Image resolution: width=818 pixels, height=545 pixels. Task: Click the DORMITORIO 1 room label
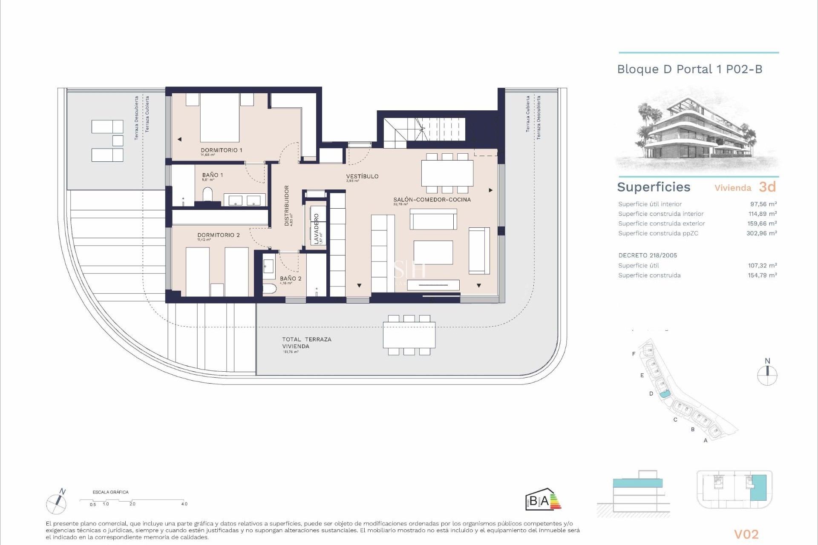click(221, 150)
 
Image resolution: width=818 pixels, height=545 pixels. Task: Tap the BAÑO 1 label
click(212, 175)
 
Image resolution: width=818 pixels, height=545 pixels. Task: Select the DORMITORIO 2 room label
click(218, 235)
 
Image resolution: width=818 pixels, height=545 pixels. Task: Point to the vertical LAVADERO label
click(316, 229)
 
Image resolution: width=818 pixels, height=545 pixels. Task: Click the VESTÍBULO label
click(362, 176)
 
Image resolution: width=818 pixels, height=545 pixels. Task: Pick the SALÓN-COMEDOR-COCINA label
click(432, 200)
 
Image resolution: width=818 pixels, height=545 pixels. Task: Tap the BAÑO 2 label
click(291, 278)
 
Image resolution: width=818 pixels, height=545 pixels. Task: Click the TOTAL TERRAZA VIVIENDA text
click(306, 343)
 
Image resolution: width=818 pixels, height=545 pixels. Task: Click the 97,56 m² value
click(763, 204)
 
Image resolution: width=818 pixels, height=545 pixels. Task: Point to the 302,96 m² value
click(761, 233)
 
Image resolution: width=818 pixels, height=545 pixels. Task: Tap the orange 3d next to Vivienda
click(767, 187)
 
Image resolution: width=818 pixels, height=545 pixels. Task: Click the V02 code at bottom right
click(746, 534)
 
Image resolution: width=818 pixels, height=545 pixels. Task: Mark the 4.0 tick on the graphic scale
click(184, 504)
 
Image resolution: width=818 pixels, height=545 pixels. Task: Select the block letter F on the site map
click(634, 354)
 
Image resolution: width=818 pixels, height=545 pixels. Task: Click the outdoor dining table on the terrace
click(409, 335)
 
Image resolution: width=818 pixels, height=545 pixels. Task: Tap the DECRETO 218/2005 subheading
click(648, 255)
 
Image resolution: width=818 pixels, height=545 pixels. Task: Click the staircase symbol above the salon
click(424, 129)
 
